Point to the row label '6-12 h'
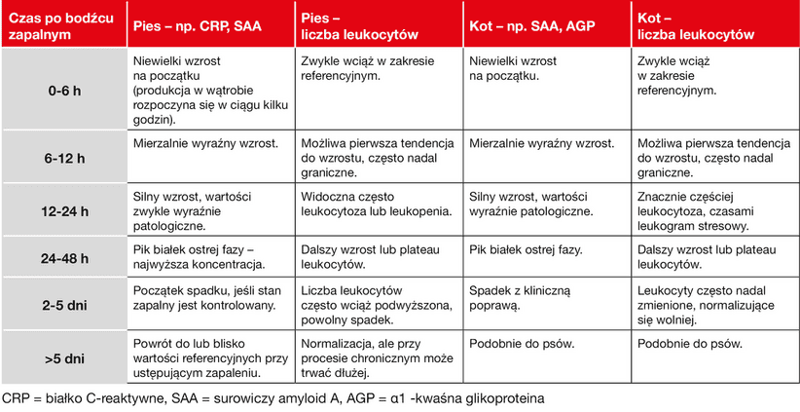pos(64,156)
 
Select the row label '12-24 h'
pos(64,209)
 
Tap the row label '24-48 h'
pos(64,258)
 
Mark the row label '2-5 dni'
pos(64,306)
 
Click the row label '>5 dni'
pos(64,357)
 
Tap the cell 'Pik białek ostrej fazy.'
pos(526,249)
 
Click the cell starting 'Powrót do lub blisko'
pos(204,357)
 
